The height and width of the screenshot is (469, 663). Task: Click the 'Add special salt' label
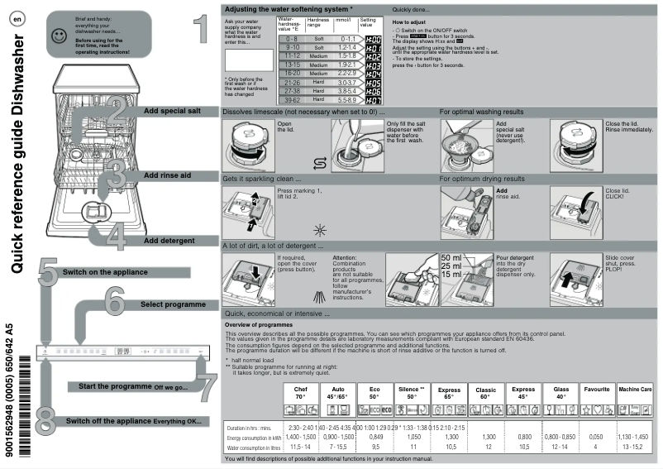(x=171, y=110)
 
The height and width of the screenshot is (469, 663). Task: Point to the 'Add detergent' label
(x=169, y=240)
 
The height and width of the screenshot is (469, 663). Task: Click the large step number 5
(x=47, y=272)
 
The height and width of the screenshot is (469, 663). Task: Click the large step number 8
(x=47, y=418)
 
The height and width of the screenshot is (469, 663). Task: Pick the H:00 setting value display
(x=373, y=40)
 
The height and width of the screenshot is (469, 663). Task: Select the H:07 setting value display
(x=373, y=99)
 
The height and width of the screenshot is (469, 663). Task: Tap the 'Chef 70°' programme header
(x=301, y=392)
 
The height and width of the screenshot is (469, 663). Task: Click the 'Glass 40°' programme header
(x=560, y=392)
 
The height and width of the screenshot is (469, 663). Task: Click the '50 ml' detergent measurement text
(x=451, y=258)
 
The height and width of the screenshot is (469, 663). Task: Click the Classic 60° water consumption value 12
(x=488, y=447)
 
